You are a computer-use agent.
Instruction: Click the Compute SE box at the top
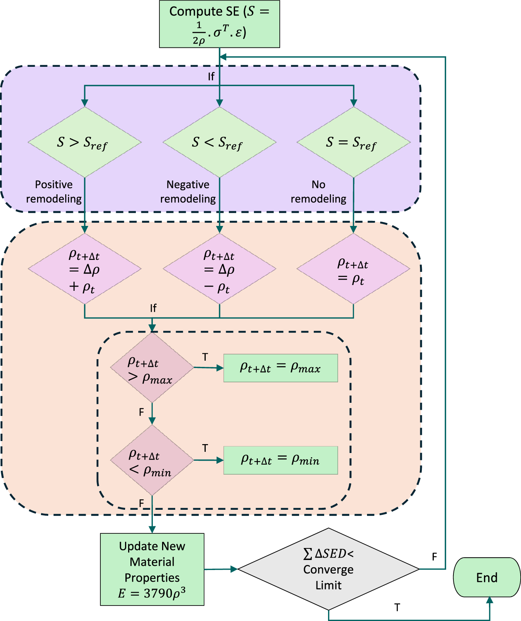tap(219, 24)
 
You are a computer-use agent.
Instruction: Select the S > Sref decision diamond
tap(85, 142)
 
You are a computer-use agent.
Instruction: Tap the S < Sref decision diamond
tap(219, 142)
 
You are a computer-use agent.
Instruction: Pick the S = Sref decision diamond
tap(353, 142)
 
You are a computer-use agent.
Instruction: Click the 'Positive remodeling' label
tap(54, 192)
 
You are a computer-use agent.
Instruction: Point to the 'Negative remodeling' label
tap(188, 192)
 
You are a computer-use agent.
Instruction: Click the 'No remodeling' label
tap(318, 192)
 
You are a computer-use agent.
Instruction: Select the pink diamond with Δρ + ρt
tap(85, 269)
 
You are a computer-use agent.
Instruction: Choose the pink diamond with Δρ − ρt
tap(219, 269)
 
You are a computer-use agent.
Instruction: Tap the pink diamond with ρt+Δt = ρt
tap(353, 269)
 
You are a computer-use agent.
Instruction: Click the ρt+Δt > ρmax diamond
tap(152, 368)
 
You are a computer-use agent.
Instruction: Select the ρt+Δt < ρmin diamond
tap(152, 460)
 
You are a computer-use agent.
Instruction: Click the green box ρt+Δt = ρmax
tap(281, 368)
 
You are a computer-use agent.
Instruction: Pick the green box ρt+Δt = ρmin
tap(281, 460)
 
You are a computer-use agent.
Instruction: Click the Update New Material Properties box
tap(152, 569)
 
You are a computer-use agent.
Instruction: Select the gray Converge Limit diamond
tap(328, 569)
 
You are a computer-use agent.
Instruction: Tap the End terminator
tap(487, 577)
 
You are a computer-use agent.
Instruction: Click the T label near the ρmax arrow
tap(205, 357)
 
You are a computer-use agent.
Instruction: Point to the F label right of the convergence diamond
tap(434, 557)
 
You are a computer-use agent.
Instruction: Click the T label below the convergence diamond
tap(397, 607)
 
